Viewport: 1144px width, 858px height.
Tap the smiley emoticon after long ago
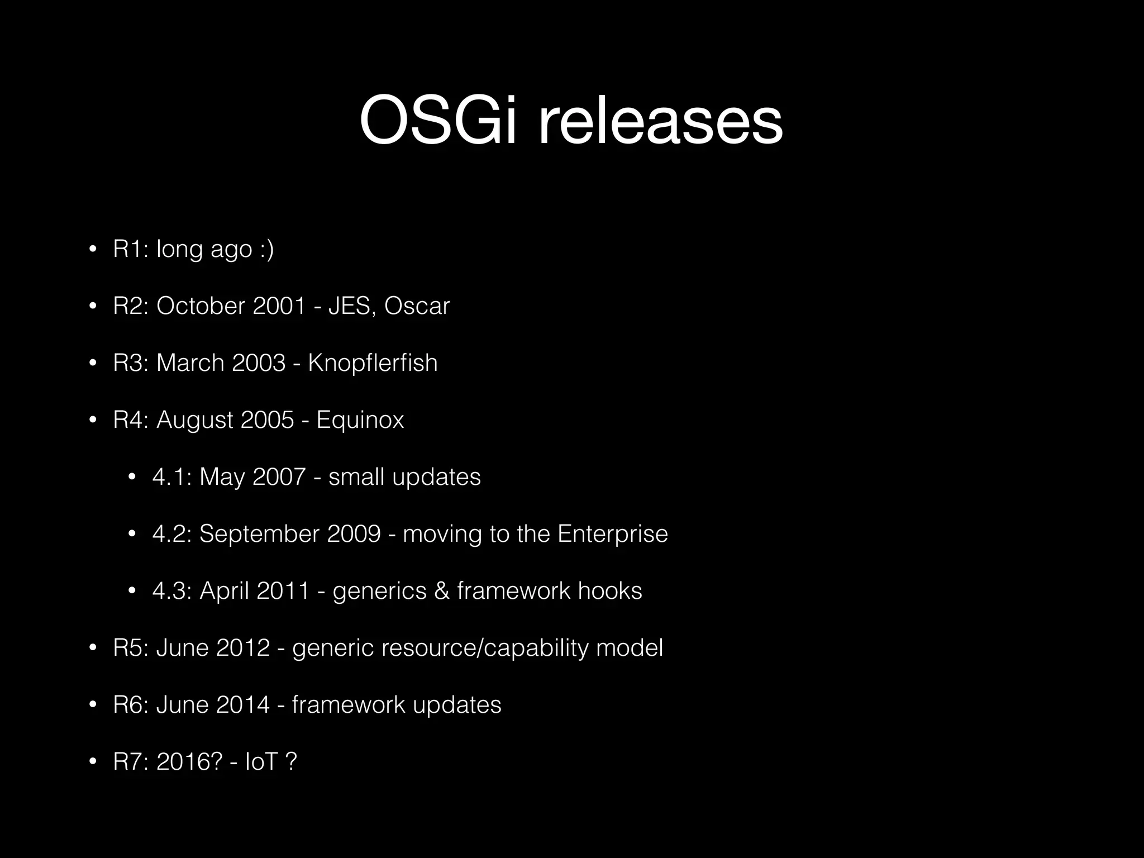pyautogui.click(x=267, y=249)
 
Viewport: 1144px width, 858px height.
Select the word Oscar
pyautogui.click(x=417, y=306)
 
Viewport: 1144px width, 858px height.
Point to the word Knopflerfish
pyautogui.click(x=373, y=363)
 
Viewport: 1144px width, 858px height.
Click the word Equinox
pyautogui.click(x=360, y=420)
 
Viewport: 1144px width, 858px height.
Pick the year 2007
pyautogui.click(x=279, y=477)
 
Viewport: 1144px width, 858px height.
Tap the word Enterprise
pyautogui.click(x=612, y=534)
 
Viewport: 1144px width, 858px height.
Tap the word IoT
pyautogui.click(x=261, y=762)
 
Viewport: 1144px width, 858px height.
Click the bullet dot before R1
pyautogui.click(x=93, y=249)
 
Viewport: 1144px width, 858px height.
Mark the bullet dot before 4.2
pyautogui.click(x=132, y=534)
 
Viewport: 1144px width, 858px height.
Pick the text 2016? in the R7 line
pyautogui.click(x=189, y=762)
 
